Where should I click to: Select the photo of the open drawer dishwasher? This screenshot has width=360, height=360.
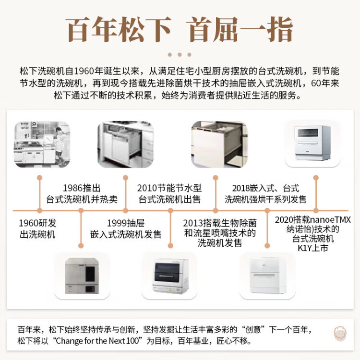click(x=126, y=144)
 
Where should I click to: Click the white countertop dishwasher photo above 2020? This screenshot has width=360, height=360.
click(x=312, y=143)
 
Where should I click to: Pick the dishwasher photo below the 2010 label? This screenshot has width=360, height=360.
click(x=170, y=276)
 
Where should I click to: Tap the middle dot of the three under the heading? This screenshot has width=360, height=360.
click(x=180, y=55)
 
